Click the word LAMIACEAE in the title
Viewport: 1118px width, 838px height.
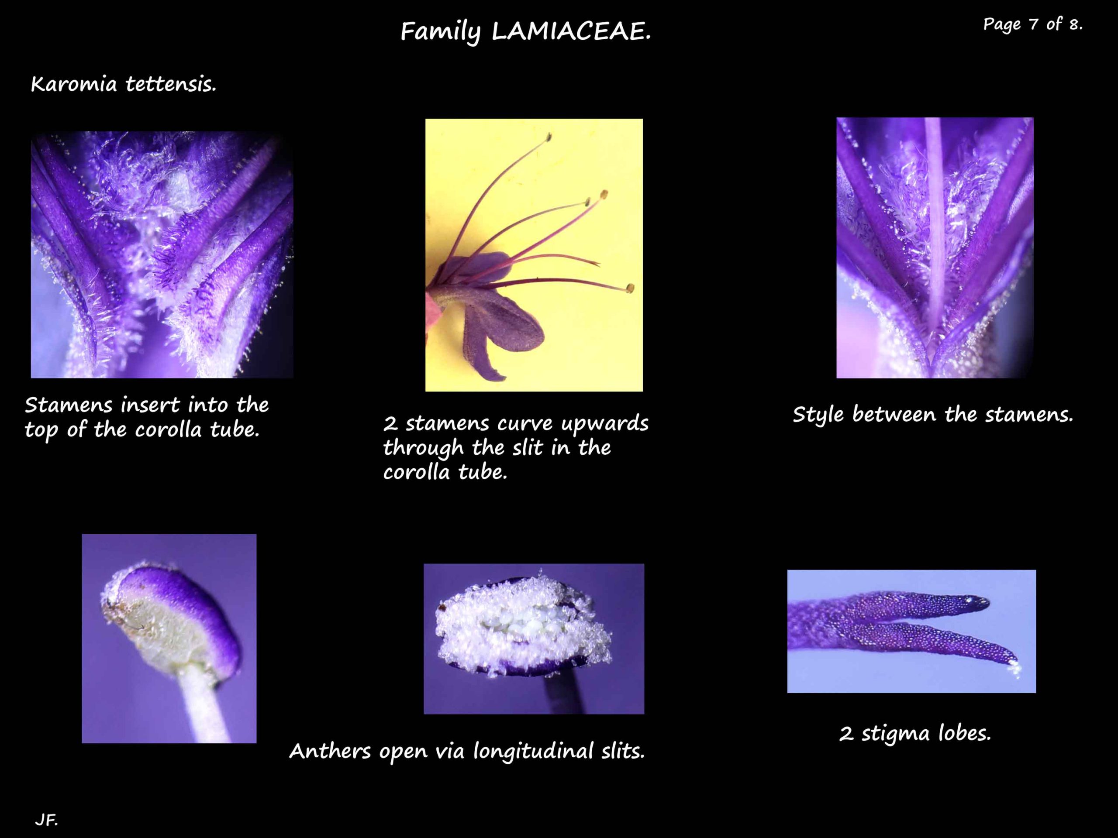pos(571,32)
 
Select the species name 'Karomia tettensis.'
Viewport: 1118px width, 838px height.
pos(124,84)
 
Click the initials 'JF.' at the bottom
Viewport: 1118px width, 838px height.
pos(46,819)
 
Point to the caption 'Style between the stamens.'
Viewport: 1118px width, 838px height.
pos(932,415)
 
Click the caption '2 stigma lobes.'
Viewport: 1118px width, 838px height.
pos(915,733)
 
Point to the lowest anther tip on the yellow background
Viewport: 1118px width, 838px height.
pos(630,288)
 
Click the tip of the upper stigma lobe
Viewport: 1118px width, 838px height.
pos(986,601)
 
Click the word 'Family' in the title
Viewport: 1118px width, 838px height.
pos(440,32)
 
